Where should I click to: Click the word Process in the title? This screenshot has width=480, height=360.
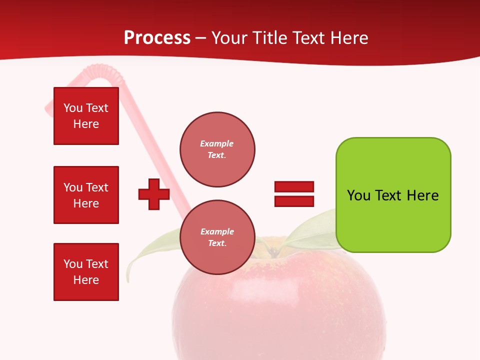(157, 38)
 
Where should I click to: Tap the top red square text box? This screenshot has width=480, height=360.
(86, 116)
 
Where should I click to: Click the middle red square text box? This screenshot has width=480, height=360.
(86, 195)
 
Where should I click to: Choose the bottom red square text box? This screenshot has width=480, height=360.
(86, 272)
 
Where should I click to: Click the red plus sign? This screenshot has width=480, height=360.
(154, 194)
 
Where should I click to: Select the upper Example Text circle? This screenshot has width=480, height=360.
(217, 149)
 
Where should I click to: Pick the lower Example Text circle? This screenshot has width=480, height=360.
(217, 237)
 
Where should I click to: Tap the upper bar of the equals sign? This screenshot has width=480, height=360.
(294, 187)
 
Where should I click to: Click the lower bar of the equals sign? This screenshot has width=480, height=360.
(294, 201)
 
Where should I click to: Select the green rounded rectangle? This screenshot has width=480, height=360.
(393, 195)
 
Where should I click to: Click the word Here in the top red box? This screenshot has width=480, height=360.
(86, 124)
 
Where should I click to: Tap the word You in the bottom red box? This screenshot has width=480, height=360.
(72, 264)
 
